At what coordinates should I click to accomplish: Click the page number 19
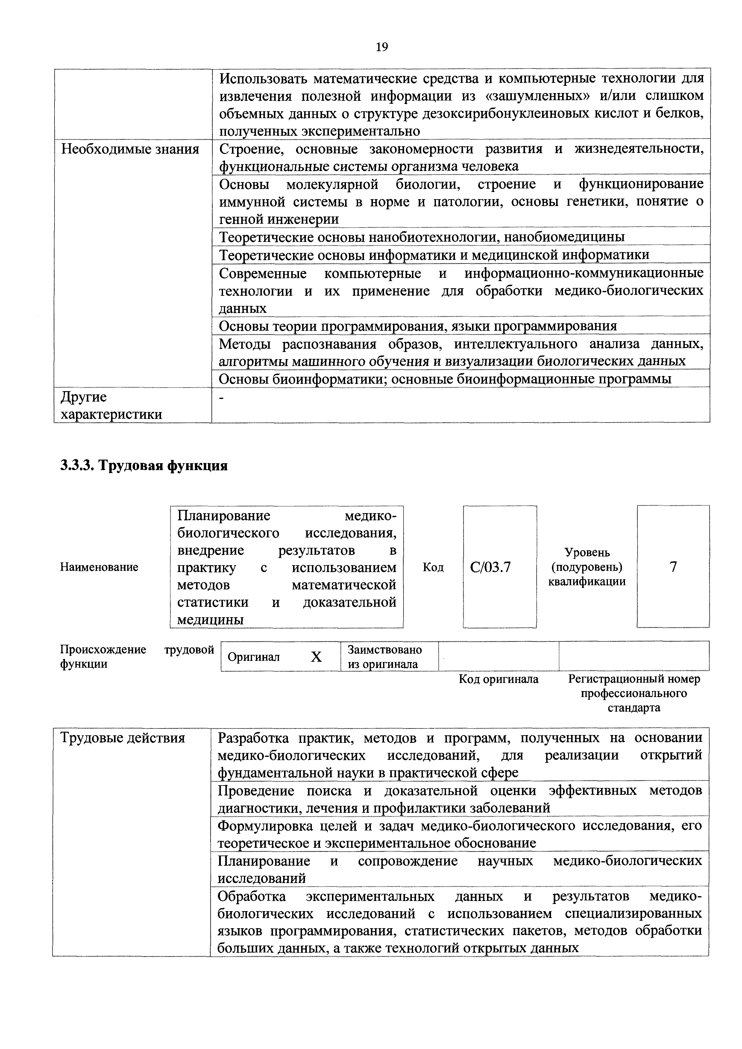pyautogui.click(x=381, y=47)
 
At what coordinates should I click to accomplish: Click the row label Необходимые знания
pyautogui.click(x=130, y=150)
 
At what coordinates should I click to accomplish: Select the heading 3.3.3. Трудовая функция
pyautogui.click(x=144, y=466)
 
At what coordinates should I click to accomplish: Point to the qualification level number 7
pyautogui.click(x=673, y=567)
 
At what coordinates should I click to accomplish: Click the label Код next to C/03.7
pyautogui.click(x=433, y=567)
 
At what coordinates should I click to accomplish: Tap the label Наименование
pyautogui.click(x=99, y=567)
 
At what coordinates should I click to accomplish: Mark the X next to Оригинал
pyautogui.click(x=316, y=657)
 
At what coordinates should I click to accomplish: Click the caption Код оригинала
pyautogui.click(x=498, y=679)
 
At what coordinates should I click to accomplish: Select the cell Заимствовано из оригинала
pyautogui.click(x=385, y=657)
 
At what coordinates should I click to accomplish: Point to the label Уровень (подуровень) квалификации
pyautogui.click(x=587, y=567)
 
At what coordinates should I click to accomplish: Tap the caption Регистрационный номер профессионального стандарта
pyautogui.click(x=634, y=693)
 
